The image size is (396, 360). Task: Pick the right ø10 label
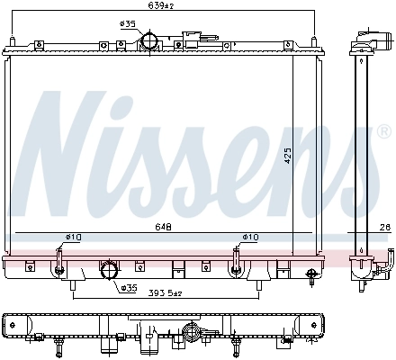(249, 238)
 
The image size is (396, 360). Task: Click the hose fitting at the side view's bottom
(365, 269)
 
